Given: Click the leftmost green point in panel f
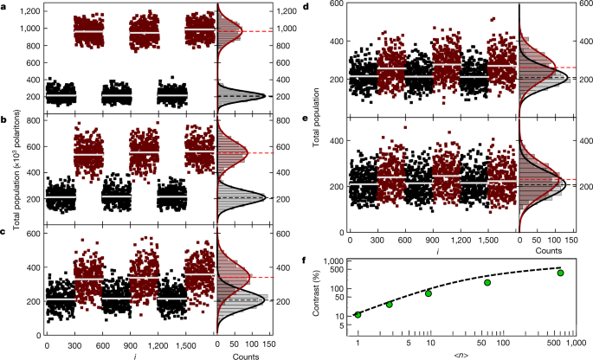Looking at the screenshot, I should pyautogui.click(x=358, y=314).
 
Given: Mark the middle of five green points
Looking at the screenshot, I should pyautogui.click(x=429, y=293).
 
